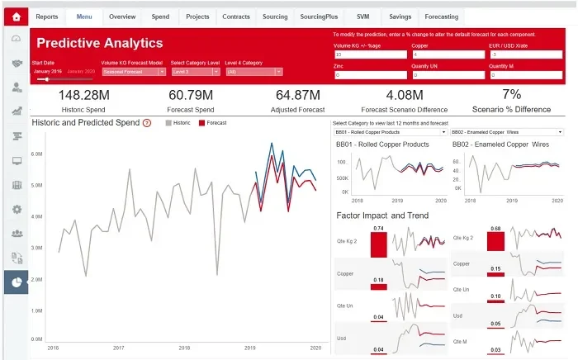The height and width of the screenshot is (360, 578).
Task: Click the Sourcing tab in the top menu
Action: tap(275, 17)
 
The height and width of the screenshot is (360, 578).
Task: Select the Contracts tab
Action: tap(236, 17)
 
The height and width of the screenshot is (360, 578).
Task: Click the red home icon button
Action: tap(16, 17)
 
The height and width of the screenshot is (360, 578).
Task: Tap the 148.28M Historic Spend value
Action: tap(84, 96)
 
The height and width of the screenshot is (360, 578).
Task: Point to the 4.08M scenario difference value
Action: tap(405, 96)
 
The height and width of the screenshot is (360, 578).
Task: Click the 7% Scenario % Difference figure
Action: tap(511, 95)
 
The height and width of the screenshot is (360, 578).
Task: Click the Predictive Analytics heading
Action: tap(100, 43)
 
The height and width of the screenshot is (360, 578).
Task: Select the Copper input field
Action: tap(448, 55)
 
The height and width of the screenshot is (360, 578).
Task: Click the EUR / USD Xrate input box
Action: tap(525, 55)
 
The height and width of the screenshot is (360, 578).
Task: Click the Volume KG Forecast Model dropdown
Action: tap(133, 72)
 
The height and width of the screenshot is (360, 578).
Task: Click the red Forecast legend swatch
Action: tap(202, 123)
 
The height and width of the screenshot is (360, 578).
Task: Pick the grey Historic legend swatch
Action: tap(169, 123)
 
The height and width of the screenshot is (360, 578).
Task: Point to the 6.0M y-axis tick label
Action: tap(36, 154)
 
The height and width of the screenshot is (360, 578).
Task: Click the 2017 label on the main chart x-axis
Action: tap(119, 348)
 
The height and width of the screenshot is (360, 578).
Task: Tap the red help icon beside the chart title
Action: tap(147, 123)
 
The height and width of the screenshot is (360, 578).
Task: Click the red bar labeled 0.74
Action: tap(378, 244)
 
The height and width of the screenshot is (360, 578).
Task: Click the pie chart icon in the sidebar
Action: tap(16, 282)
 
